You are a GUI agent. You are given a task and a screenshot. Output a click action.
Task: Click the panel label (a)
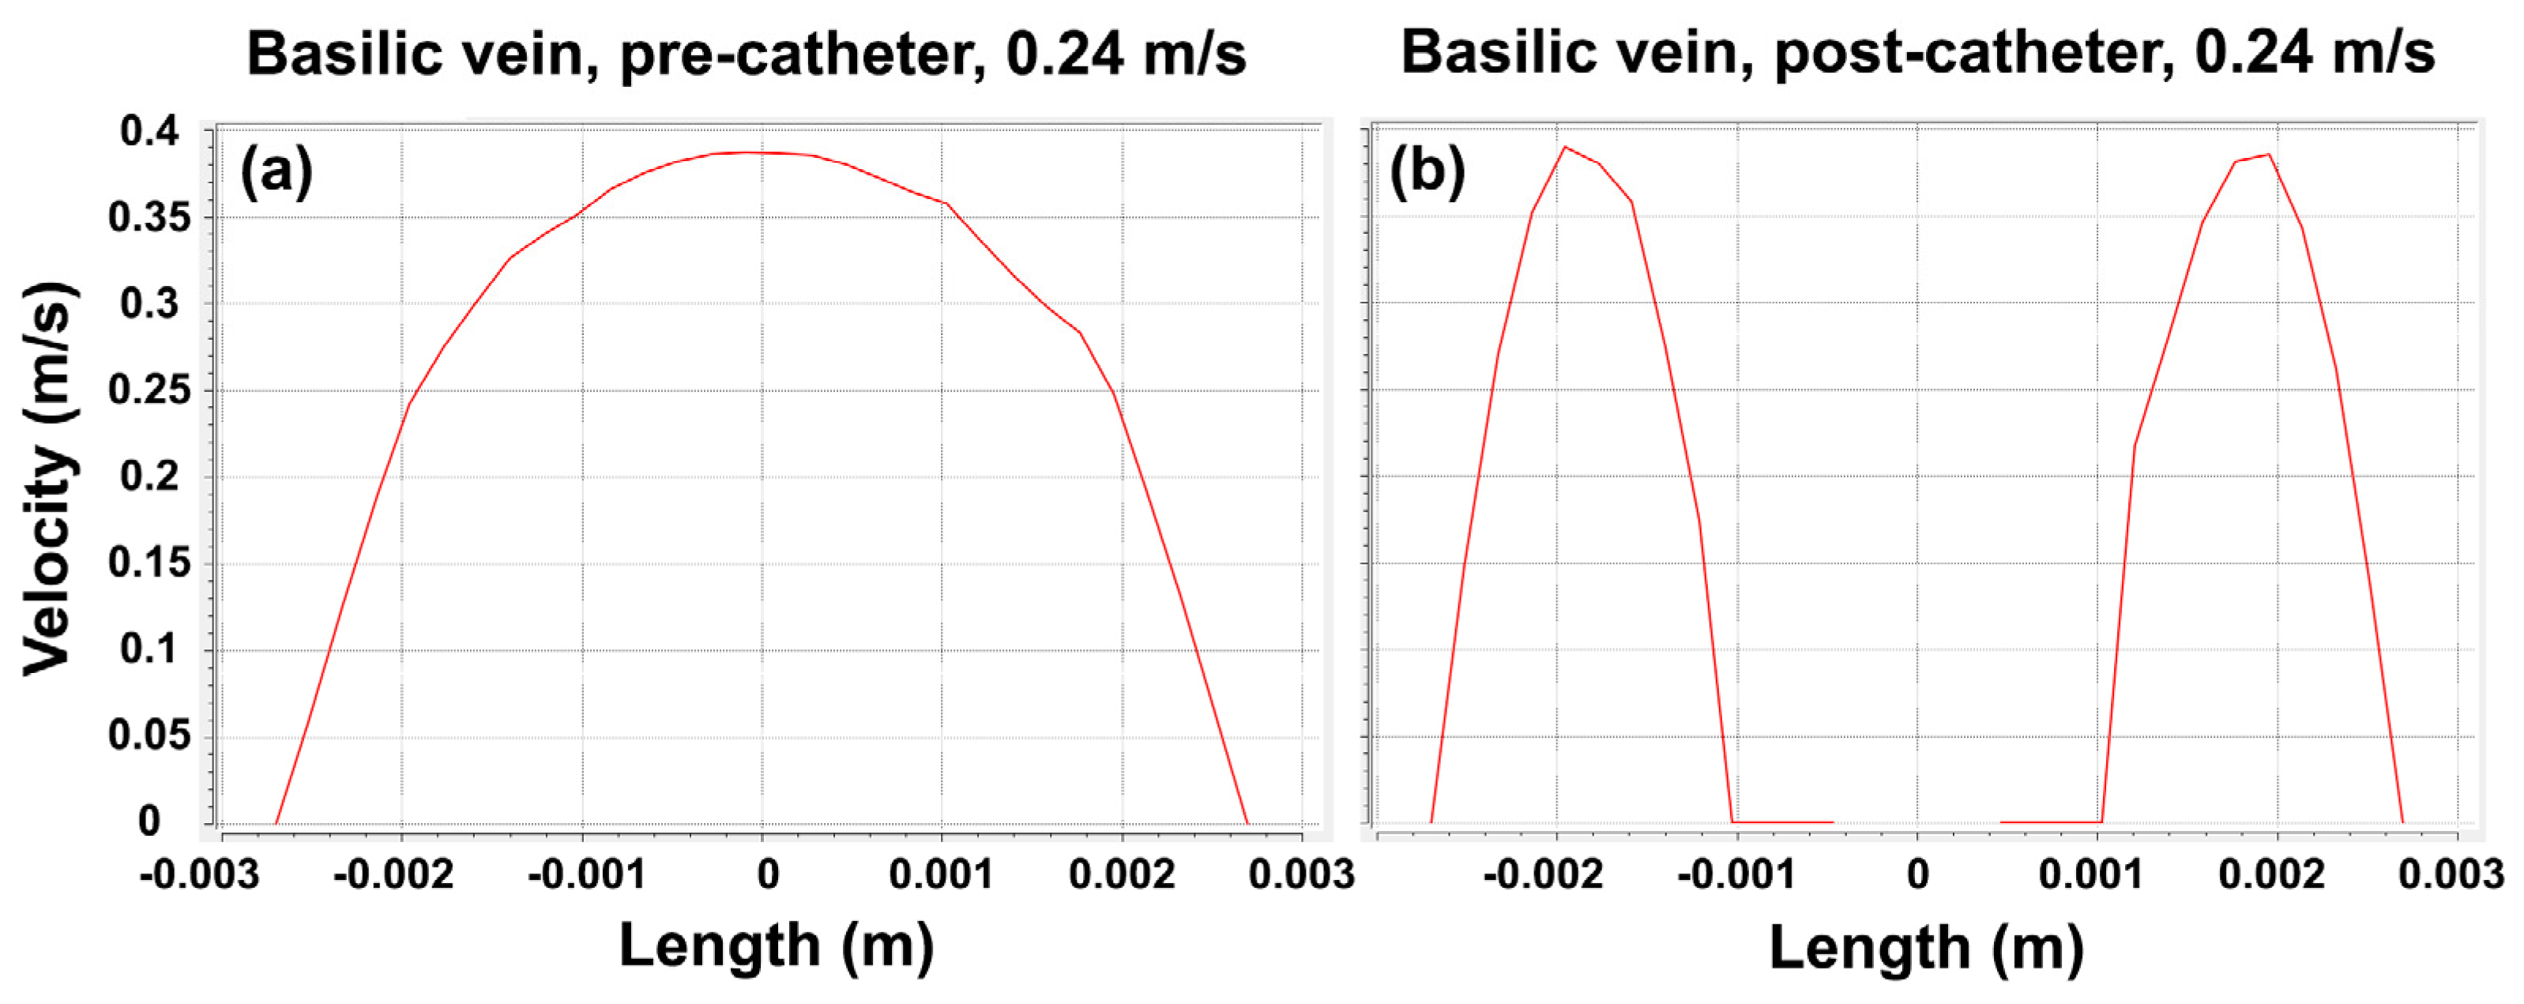click(277, 172)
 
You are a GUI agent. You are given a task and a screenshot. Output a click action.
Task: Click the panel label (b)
click(1427, 172)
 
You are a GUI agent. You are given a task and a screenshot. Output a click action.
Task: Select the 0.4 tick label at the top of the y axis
click(151, 131)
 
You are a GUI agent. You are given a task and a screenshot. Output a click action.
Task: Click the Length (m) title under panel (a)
click(776, 946)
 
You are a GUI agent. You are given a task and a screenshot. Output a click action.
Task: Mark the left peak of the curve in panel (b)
click(1565, 147)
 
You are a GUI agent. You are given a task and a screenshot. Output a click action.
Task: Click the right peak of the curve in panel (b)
click(2268, 155)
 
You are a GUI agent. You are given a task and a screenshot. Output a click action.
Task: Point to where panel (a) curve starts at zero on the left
click(276, 823)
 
